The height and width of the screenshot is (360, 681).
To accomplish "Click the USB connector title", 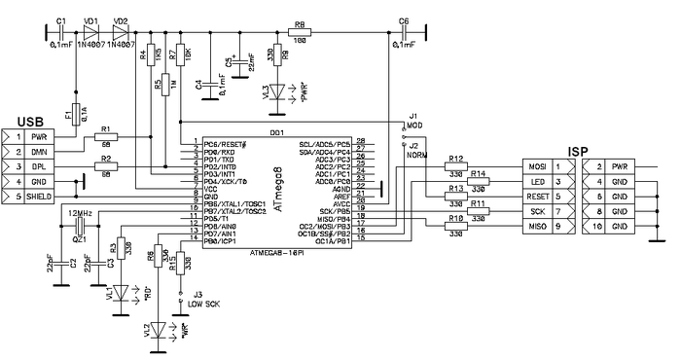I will coord(27,122).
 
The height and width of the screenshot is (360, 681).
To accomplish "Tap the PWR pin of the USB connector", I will coord(39,137).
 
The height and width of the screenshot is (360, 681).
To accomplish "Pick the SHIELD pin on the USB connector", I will coord(39,198).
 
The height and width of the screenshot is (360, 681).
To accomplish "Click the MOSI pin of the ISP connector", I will coord(537,167).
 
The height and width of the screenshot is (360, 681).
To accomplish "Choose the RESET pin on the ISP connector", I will coord(537,197).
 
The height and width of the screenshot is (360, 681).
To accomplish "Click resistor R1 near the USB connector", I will coord(105,137).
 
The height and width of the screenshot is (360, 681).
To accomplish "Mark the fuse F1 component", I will coord(75,114).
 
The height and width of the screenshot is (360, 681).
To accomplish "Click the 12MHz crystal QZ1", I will coord(80,227).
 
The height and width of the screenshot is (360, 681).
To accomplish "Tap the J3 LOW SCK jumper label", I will coord(200,299).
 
